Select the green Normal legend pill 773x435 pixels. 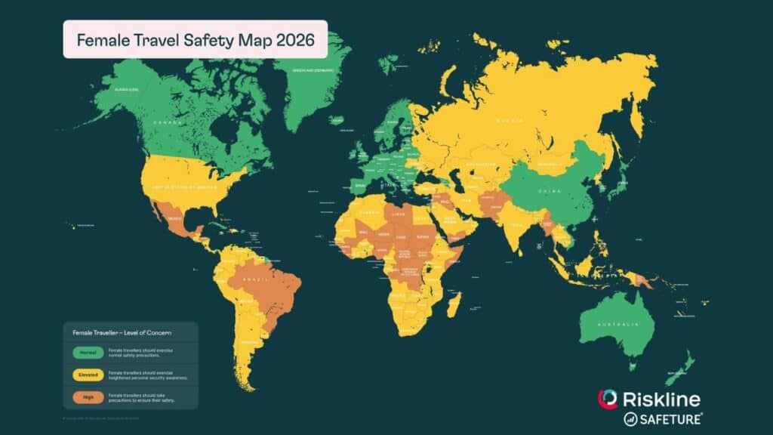click(x=88, y=351)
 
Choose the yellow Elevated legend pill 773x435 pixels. click(x=88, y=373)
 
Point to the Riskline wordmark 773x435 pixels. click(x=661, y=400)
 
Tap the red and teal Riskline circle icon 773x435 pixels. click(x=608, y=400)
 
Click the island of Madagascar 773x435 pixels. click(x=454, y=304)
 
